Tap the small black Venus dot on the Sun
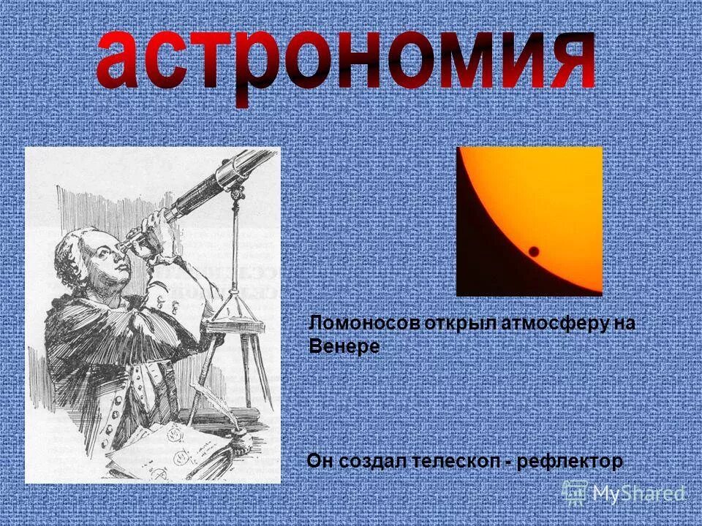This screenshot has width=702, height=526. (534, 252)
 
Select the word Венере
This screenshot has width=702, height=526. (344, 347)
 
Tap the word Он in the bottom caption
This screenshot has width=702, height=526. (321, 462)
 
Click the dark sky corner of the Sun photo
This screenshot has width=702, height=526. (475, 270)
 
